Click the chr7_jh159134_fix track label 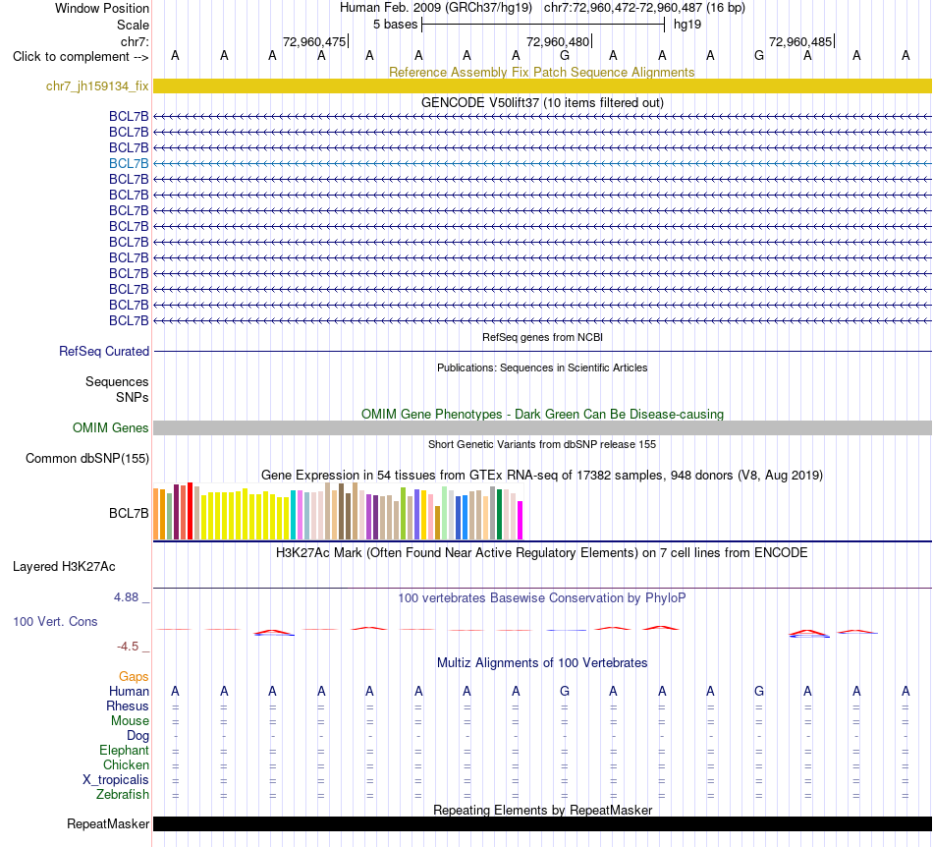97,85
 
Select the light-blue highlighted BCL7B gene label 129,163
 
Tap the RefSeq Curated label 103,351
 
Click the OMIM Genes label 110,428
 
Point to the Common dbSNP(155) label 86,458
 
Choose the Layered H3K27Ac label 64,567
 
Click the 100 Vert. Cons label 55,621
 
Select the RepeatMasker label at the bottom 108,823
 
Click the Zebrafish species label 123,795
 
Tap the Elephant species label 124,750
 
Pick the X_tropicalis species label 116,780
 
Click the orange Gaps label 134,676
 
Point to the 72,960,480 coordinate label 558,41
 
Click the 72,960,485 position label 800,41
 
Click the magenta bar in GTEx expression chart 521,520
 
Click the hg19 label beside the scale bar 687,25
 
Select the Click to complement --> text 81,57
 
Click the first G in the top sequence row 565,55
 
